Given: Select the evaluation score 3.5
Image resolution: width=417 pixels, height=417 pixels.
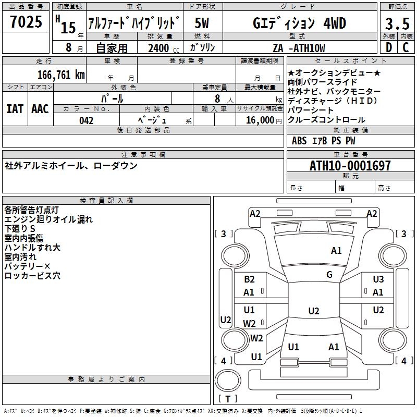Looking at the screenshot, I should pos(397,23).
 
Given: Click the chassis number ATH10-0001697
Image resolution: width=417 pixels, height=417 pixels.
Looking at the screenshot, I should pos(350,166).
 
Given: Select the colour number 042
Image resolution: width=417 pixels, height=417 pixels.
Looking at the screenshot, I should pos(86,120).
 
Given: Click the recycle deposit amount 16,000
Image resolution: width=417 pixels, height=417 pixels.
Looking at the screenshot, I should pos(259,120).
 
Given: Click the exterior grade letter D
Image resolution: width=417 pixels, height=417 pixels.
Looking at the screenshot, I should pos(388,47).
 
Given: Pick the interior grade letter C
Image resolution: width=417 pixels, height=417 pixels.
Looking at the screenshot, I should pos(406,47).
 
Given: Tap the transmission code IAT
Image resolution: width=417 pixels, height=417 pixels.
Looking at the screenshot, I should pos(15,108).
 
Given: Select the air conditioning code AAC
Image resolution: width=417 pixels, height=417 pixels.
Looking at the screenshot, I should pos(40,108).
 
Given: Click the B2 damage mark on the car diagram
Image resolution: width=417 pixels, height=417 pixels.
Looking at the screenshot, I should pos(249,279).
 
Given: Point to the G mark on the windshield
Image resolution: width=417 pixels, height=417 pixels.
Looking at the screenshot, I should pos(329,275).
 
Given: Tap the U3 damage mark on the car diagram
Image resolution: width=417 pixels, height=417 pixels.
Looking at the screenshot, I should pos(378,279).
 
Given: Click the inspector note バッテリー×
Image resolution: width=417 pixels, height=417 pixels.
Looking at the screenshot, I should pos(27,266).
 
